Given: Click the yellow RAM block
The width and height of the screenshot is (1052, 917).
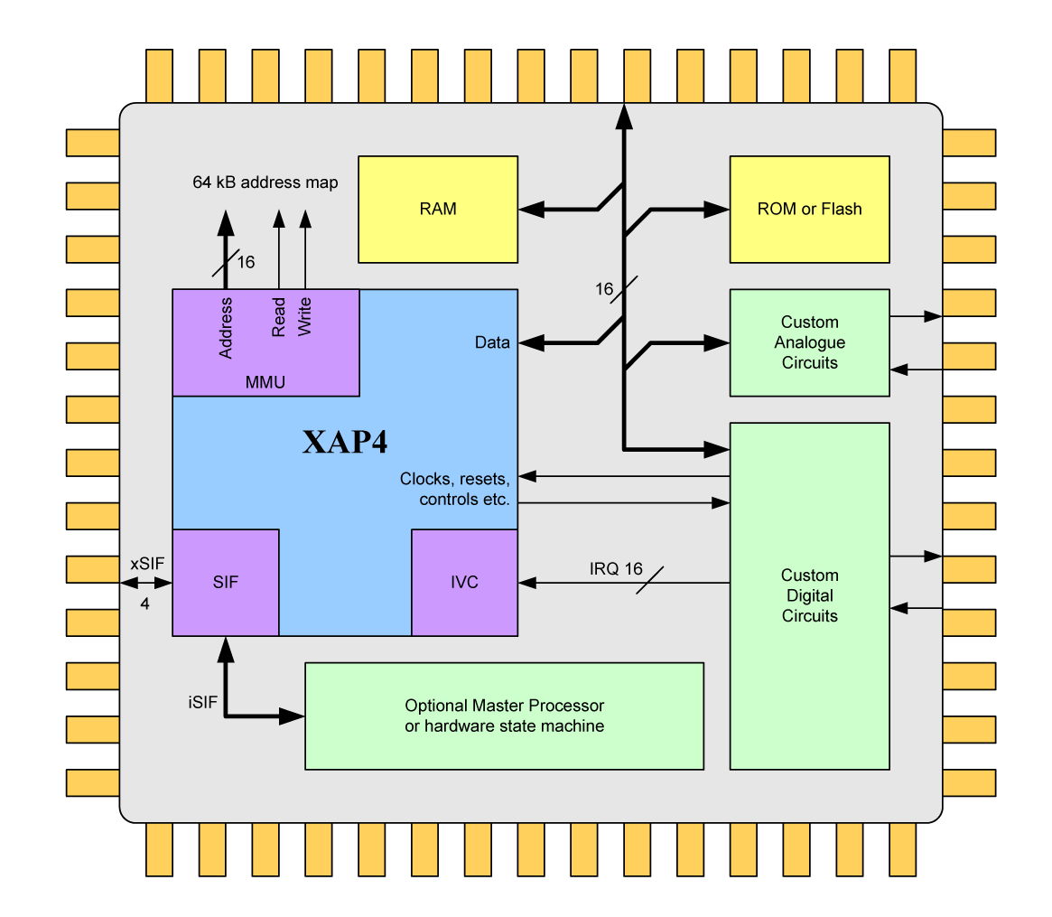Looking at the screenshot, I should point(438,210).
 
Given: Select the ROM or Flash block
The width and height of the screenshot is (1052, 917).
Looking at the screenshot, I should point(809,210).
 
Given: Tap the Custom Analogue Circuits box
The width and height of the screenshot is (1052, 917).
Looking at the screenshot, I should point(809,342).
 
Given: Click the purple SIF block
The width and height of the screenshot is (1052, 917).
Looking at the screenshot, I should point(226,582).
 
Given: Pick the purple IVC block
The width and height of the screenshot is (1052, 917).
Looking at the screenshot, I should point(464,582).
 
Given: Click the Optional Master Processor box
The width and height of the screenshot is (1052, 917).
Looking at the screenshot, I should point(504,716).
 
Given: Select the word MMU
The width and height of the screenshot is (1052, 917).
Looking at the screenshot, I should point(265,382).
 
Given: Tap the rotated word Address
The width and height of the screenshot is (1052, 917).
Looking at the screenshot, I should point(226,327).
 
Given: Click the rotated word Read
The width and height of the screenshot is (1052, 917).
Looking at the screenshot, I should point(279,317).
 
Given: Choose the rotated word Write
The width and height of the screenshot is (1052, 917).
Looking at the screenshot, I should point(304,317).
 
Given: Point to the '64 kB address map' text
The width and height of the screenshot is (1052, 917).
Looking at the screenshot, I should point(265,182).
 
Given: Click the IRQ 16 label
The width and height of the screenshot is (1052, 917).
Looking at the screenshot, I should point(616,569).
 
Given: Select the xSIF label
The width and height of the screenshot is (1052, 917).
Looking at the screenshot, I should point(147,563).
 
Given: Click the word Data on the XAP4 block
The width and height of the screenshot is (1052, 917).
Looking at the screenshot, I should point(492,342).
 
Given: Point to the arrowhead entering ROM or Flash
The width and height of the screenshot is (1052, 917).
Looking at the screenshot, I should point(718,210).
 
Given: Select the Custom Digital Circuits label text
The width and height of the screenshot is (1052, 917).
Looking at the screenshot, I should point(809,595).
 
